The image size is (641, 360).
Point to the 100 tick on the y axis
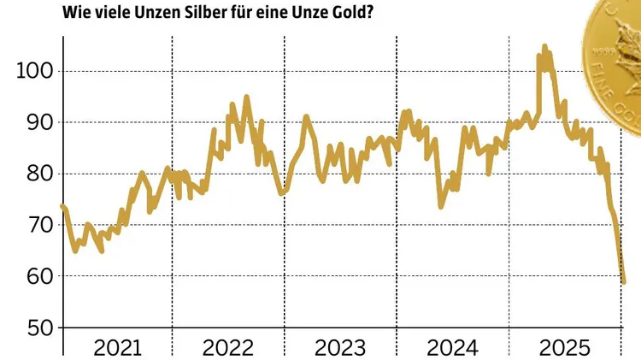pyautogui.click(x=34, y=71)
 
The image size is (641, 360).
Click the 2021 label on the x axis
pyautogui.click(x=117, y=347)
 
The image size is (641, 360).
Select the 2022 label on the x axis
pyautogui.click(x=227, y=347)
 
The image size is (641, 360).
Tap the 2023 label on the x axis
pyautogui.click(x=339, y=347)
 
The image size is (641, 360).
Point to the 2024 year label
pyautogui.click(x=450, y=347)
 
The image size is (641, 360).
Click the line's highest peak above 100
pyautogui.click(x=544, y=46)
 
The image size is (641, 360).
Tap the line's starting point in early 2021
pyautogui.click(x=62, y=206)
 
